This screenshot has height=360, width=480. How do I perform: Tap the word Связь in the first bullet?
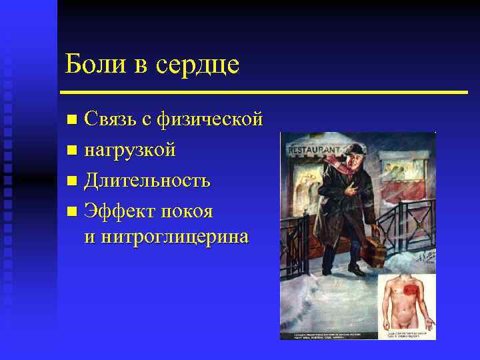coord(110,120)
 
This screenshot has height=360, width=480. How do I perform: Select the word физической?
coord(209,121)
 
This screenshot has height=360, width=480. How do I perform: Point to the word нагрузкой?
coord(129,151)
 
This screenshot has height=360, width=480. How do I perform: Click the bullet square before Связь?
coord(72,121)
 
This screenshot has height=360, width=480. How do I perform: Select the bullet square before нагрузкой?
coord(72,151)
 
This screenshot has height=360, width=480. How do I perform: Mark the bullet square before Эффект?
coord(72,212)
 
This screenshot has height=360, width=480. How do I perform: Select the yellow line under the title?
coord(263,92)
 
